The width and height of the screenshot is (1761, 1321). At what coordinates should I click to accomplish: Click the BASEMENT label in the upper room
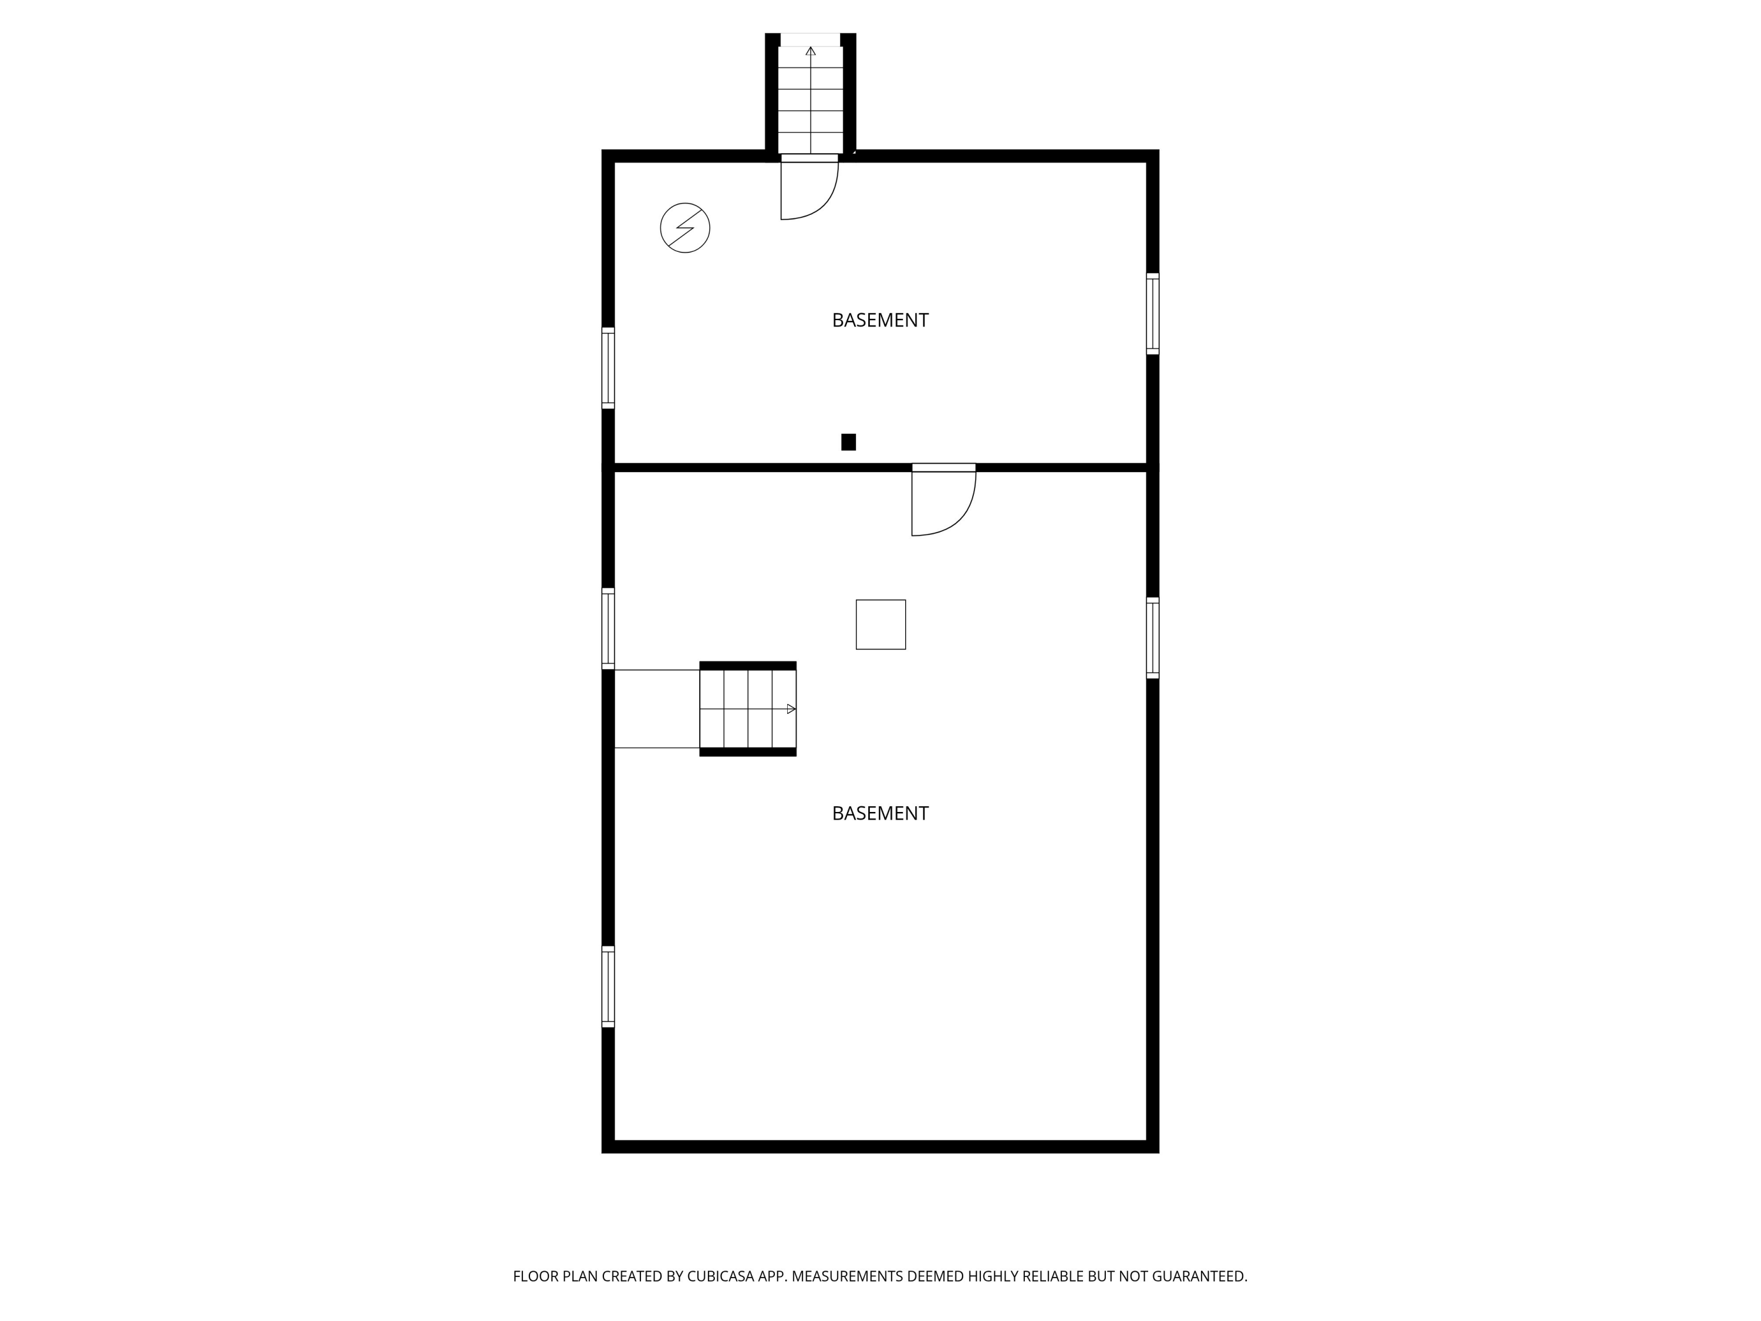point(880,320)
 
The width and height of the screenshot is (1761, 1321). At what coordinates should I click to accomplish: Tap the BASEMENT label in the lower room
point(880,813)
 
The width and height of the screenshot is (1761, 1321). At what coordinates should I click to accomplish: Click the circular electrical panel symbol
point(684,228)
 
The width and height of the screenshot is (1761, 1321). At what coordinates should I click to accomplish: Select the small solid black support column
point(849,442)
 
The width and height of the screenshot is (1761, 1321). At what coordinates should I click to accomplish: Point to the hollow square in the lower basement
point(880,624)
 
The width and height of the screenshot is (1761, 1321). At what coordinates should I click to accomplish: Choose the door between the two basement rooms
point(943,501)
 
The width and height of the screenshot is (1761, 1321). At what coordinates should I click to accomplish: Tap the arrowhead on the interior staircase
point(791,709)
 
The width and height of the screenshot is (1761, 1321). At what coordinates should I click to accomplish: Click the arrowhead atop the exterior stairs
point(811,52)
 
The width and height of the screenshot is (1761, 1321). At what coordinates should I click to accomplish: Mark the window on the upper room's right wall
point(1152,314)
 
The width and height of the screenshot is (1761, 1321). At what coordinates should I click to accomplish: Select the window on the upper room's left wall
point(608,368)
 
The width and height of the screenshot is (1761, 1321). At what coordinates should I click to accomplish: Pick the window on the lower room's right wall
point(1152,638)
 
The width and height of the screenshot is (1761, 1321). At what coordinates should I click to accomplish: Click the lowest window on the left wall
point(608,986)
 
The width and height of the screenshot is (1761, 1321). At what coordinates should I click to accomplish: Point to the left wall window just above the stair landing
point(608,628)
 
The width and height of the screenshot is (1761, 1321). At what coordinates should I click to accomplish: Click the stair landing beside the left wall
point(657,709)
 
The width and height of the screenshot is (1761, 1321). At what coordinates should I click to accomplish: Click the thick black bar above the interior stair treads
point(748,666)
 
